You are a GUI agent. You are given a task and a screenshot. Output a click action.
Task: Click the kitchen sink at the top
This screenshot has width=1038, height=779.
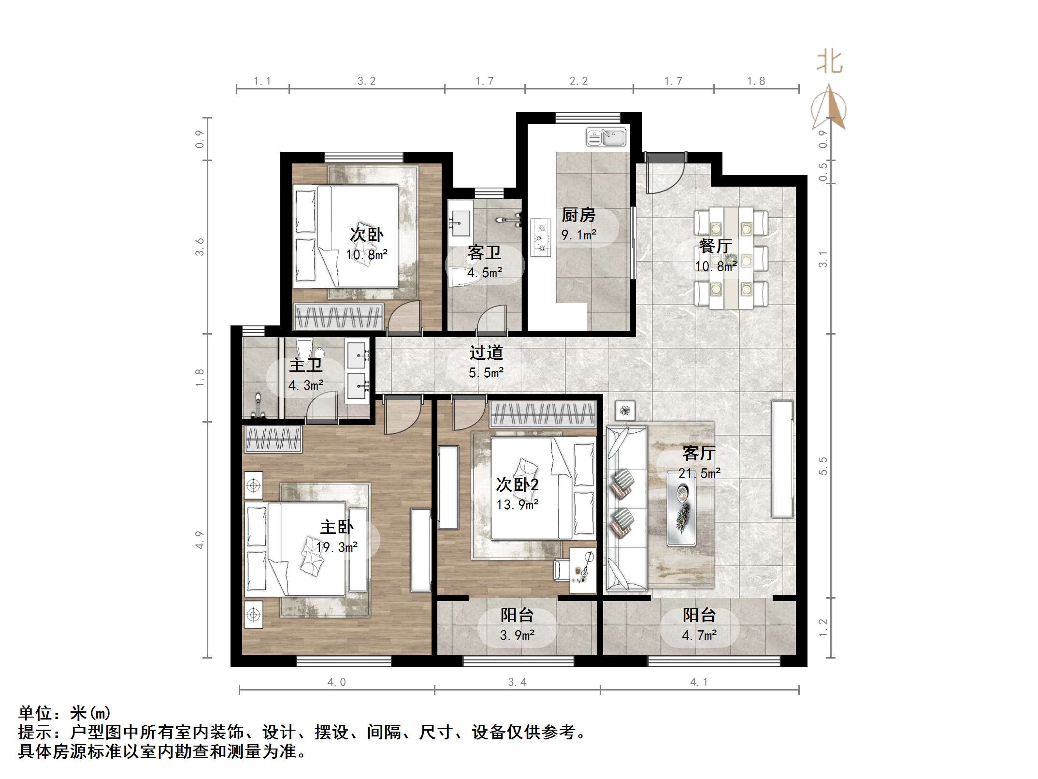(605, 137)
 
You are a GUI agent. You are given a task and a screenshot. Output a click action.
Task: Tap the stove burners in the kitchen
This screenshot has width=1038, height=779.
(541, 237)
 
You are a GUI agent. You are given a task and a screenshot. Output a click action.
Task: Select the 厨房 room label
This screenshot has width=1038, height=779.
(578, 215)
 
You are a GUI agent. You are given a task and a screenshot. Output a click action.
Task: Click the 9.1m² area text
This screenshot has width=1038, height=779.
(578, 235)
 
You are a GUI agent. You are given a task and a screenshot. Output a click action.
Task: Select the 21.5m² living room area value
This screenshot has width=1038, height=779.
(699, 473)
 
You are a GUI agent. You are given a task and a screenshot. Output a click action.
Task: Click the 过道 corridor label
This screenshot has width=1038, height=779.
(486, 353)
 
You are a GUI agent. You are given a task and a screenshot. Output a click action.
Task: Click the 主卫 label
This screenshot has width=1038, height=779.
(305, 365)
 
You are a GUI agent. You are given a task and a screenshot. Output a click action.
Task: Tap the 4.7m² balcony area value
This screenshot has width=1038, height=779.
(699, 635)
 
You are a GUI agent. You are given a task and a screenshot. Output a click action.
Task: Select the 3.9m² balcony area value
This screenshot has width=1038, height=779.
(517, 635)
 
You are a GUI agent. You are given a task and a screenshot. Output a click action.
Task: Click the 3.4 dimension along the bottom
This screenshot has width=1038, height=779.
(517, 682)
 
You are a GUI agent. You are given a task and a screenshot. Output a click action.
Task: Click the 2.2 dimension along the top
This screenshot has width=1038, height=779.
(578, 81)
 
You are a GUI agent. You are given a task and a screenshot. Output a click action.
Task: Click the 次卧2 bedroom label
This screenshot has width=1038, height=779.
(517, 485)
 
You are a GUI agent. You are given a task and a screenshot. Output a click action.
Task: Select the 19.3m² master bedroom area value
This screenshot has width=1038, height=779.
(337, 547)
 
